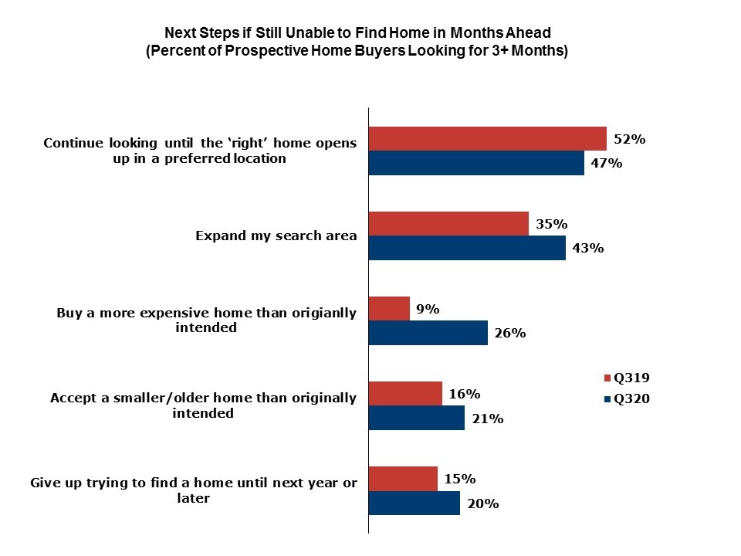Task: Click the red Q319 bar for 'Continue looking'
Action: coord(488,139)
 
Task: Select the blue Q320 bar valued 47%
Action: coord(476,163)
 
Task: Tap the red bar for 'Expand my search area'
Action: coord(448,224)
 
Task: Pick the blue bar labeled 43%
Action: coord(467,248)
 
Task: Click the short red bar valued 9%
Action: coord(389,309)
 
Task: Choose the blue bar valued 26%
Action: coord(428,333)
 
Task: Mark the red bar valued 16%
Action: coord(405,394)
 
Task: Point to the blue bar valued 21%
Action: coord(417,418)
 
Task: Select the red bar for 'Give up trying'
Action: coord(403,479)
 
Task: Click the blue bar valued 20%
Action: coord(414,503)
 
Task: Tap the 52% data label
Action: coord(629,140)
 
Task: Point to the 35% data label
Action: coord(551,224)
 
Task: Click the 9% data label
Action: coord(427,309)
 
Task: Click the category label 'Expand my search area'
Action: coord(276,236)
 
